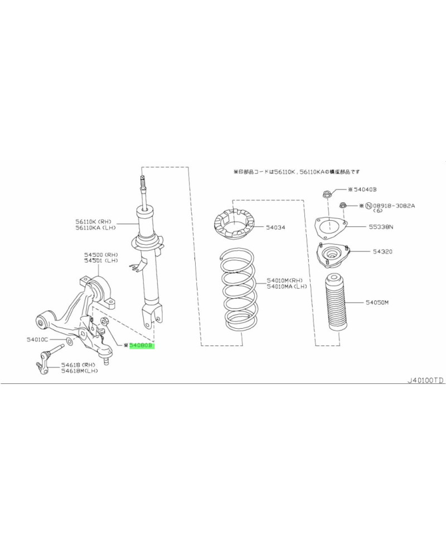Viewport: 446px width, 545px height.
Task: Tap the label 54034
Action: coord(275,227)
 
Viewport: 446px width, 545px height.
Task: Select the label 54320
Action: coord(382,252)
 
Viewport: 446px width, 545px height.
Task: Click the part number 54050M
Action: coord(377,303)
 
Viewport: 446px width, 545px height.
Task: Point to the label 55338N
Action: coord(381,227)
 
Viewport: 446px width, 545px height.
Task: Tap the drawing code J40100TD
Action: coord(425,380)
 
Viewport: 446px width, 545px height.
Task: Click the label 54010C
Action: coord(37,339)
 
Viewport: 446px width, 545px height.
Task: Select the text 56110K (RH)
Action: coord(92,221)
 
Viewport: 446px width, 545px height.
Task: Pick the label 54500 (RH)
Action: coord(101,254)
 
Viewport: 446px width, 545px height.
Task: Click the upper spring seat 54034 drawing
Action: coord(234,225)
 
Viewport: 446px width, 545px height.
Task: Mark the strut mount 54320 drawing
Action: coord(332,256)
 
